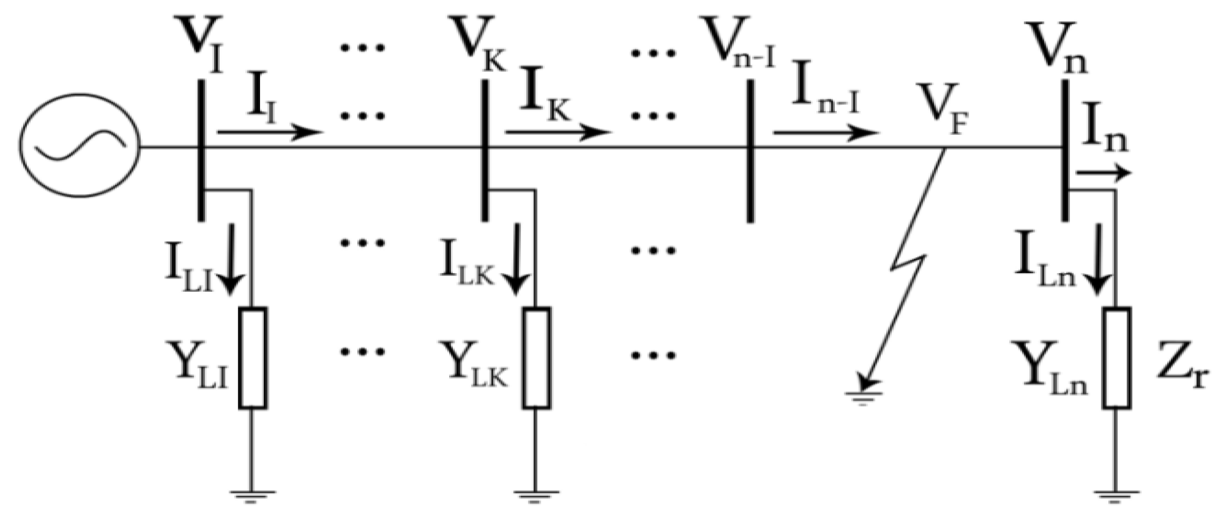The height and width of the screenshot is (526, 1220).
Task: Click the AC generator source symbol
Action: click(x=79, y=145)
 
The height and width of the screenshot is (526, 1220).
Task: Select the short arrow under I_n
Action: click(x=1103, y=173)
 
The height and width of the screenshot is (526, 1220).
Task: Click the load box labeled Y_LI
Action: click(x=253, y=358)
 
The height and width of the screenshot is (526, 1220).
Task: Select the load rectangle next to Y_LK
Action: click(x=537, y=358)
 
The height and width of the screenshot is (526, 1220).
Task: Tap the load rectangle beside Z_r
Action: click(x=1117, y=358)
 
